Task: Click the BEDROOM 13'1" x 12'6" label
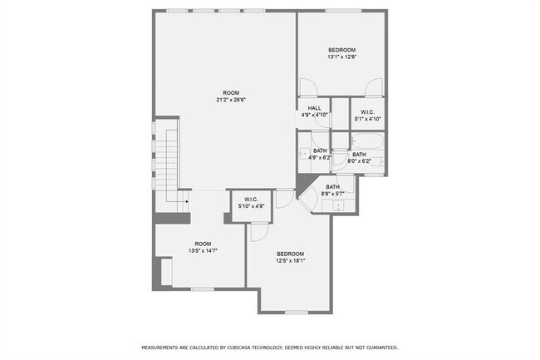[341, 53]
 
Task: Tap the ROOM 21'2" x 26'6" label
[231, 96]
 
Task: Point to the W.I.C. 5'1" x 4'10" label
[365, 116]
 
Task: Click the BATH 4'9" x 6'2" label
[320, 154]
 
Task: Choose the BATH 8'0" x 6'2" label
[359, 157]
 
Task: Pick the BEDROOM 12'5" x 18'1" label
[290, 257]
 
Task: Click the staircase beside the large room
[171, 166]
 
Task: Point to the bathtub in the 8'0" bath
[366, 141]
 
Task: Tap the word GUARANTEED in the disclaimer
[379, 347]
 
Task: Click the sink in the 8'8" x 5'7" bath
[338, 205]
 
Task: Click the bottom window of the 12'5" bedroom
[296, 313]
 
